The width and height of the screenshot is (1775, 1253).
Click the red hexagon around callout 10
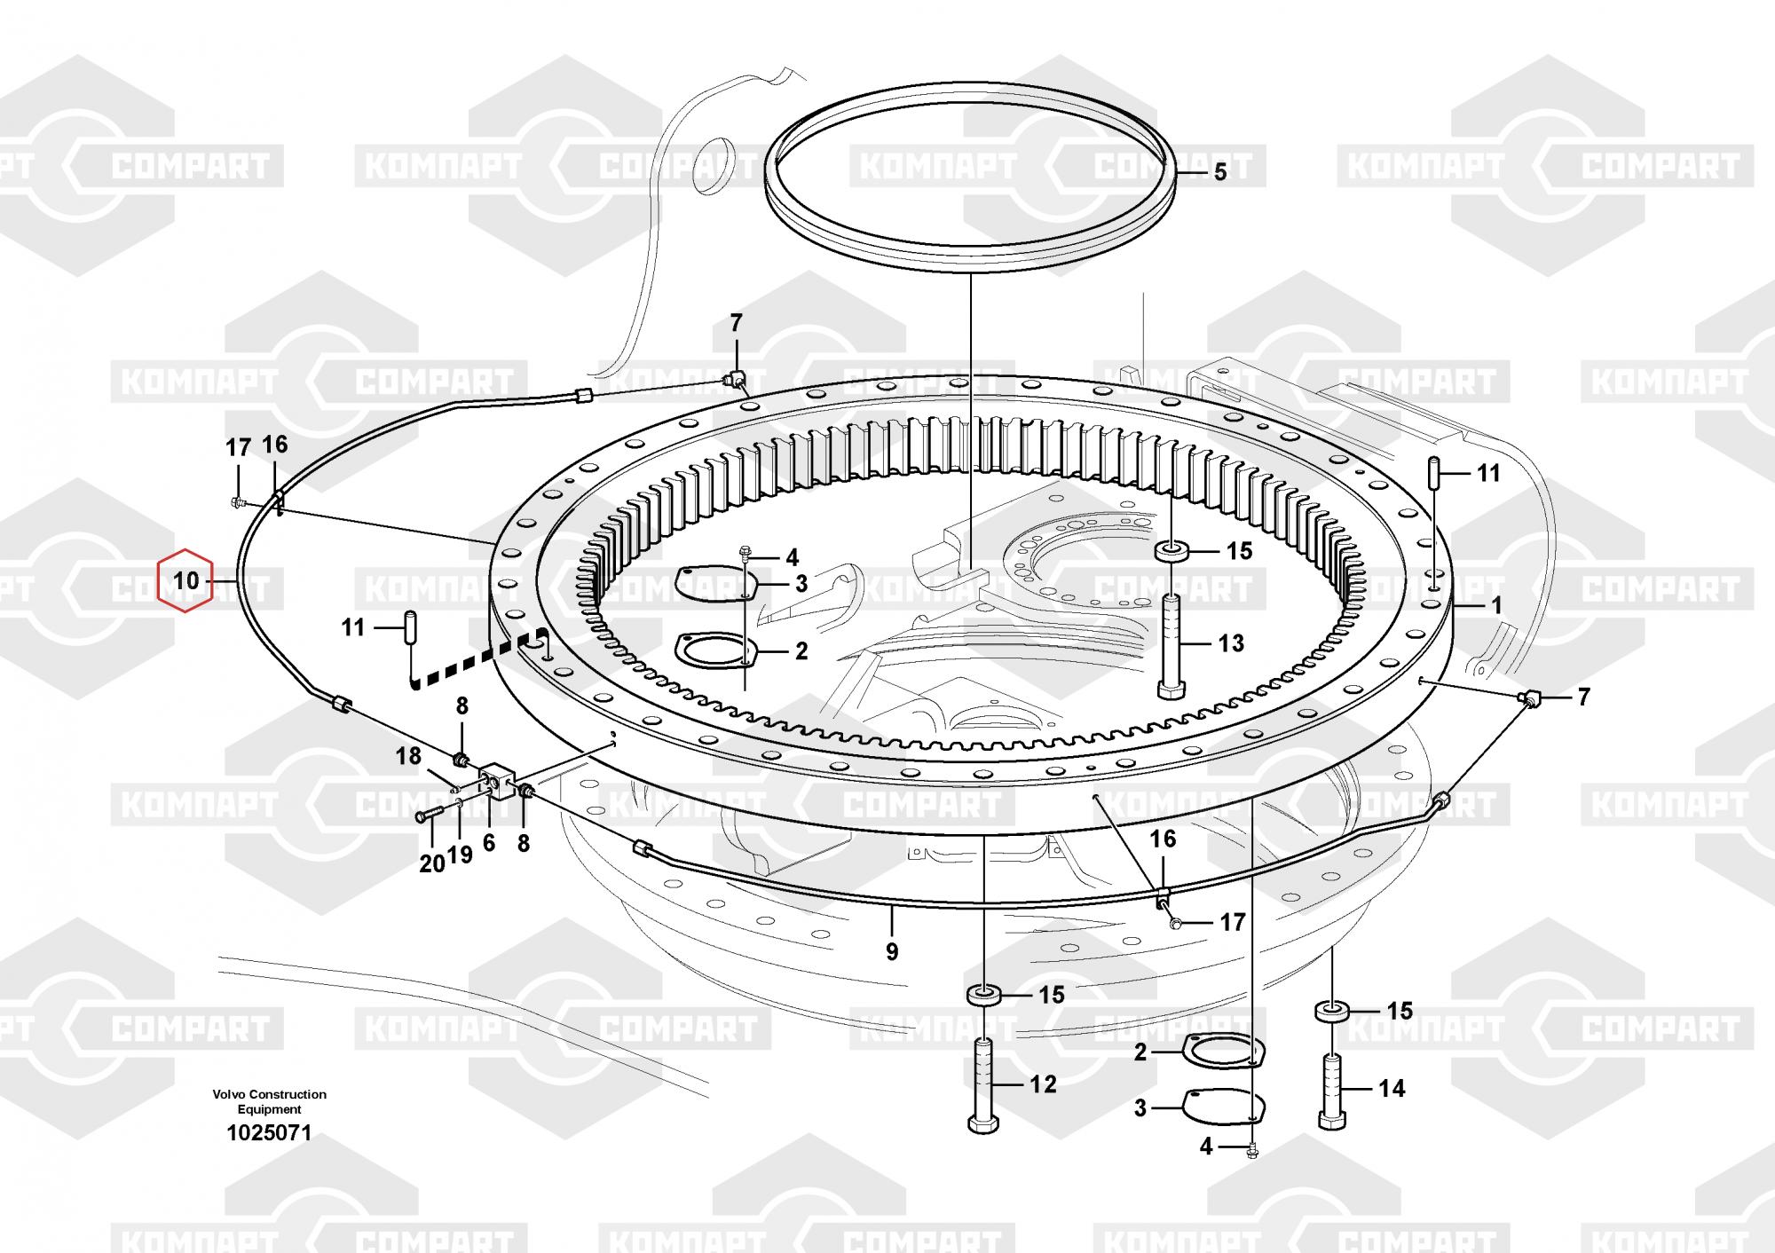click(185, 581)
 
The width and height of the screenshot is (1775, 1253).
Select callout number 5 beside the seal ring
click(1219, 172)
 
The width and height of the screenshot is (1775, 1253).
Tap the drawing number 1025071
click(269, 1133)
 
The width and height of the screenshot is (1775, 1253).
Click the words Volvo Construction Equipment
click(269, 1101)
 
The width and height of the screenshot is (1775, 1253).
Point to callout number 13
click(1230, 643)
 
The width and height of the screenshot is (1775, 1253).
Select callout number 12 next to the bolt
click(1043, 1084)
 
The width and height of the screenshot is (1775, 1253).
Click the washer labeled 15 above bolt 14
click(1331, 1011)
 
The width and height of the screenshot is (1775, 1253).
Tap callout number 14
click(1392, 1088)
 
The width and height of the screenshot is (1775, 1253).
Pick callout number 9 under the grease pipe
click(892, 951)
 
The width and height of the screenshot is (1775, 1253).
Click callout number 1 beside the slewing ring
click(1496, 606)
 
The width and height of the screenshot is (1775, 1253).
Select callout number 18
click(408, 756)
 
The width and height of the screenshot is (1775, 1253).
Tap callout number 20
click(431, 863)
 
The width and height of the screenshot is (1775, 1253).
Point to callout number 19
click(460, 855)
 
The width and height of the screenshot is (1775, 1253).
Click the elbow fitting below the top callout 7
click(735, 379)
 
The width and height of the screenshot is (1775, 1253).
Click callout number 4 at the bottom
click(1205, 1147)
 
